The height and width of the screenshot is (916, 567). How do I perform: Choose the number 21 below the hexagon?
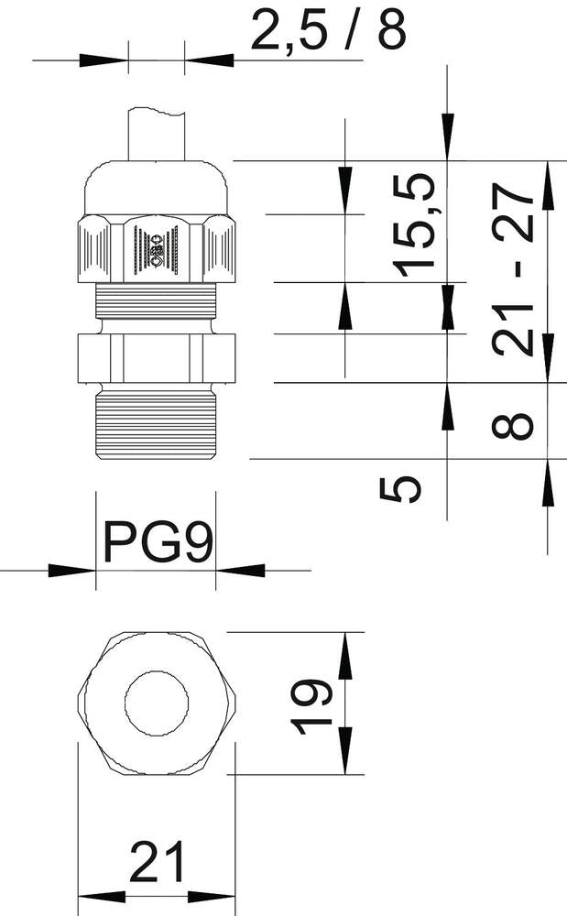pos(157,863)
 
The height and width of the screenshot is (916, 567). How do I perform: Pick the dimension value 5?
pos(400,486)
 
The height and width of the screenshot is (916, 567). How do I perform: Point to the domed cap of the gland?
pos(157,188)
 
